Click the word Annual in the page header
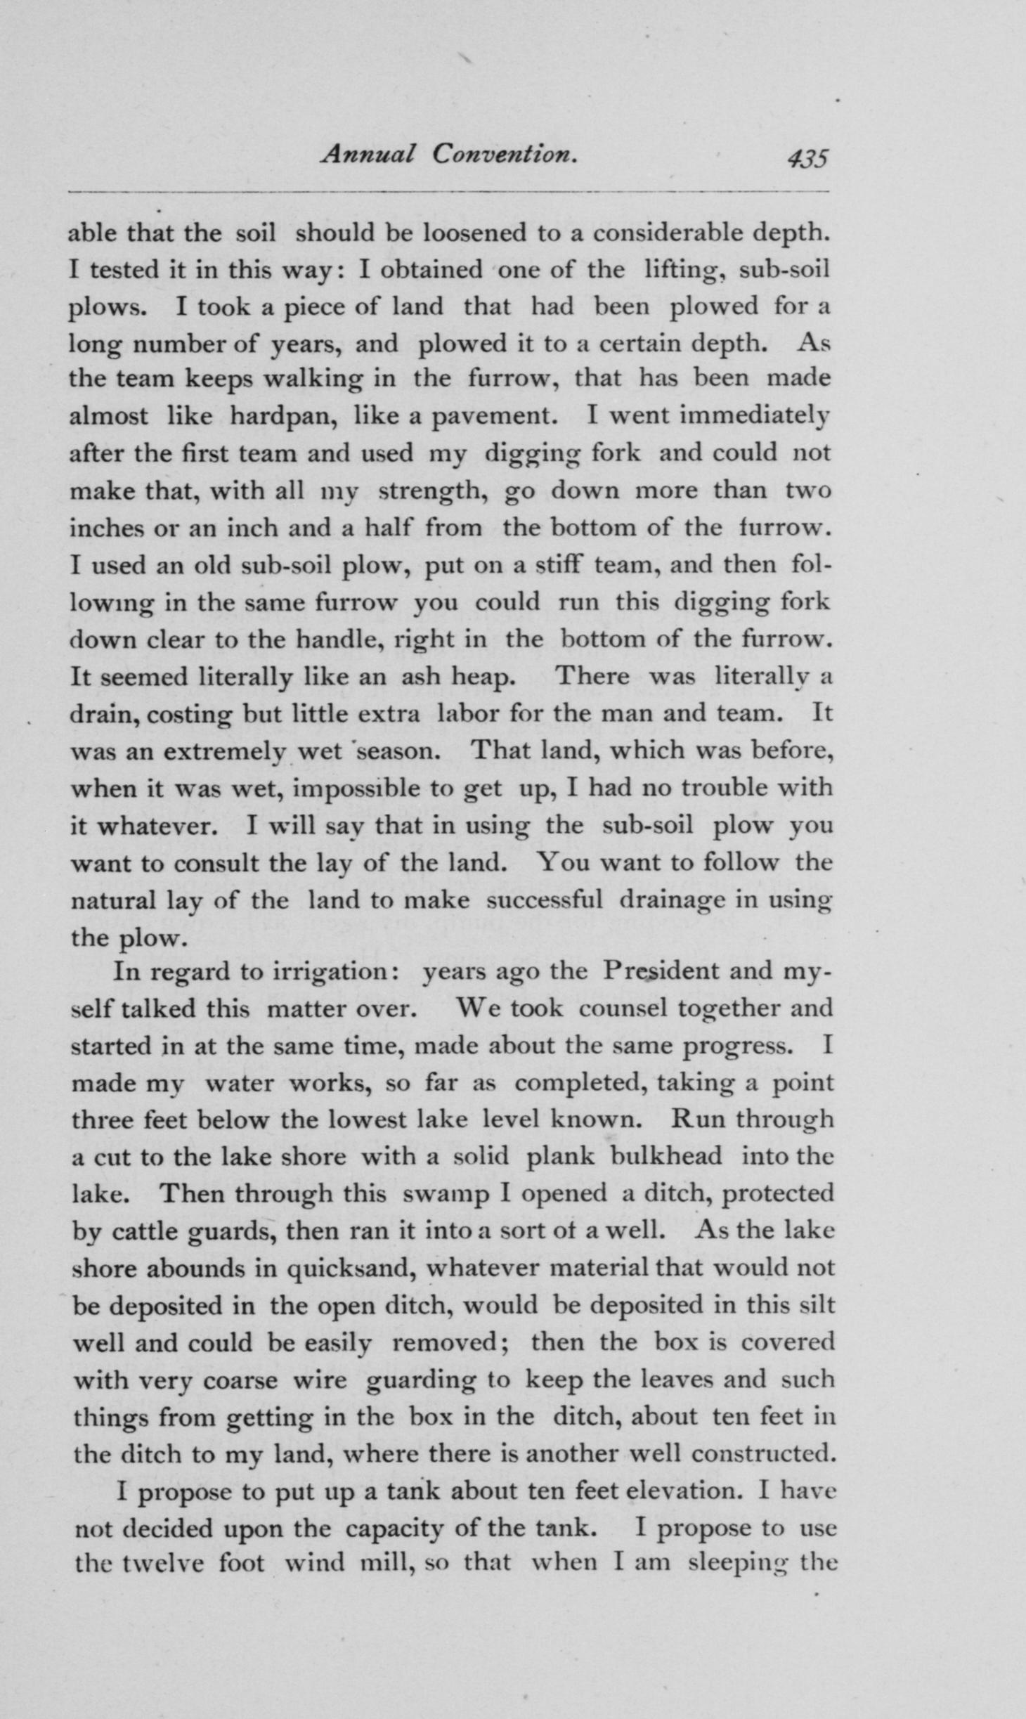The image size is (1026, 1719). [x=368, y=155]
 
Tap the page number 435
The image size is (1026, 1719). [x=807, y=158]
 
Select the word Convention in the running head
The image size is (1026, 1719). [x=504, y=155]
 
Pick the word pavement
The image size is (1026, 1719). [x=494, y=416]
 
